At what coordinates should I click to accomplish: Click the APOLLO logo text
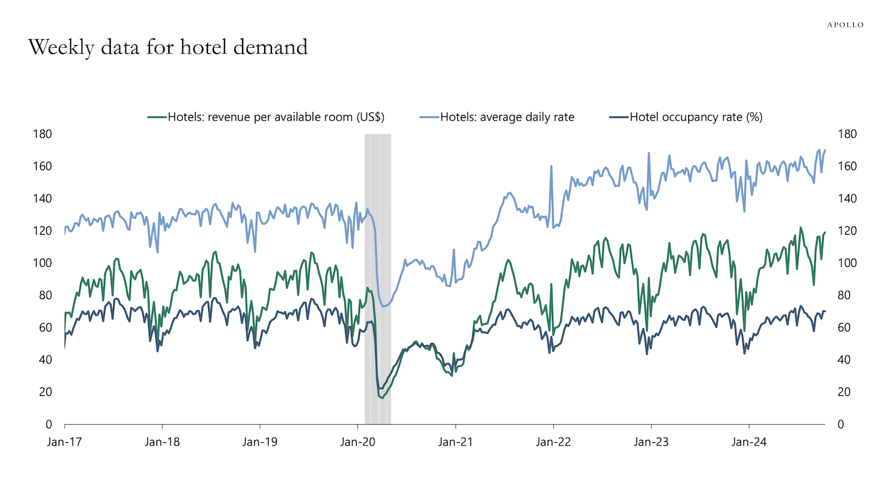pos(845,25)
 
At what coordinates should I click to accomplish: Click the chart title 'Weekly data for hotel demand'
pos(167,48)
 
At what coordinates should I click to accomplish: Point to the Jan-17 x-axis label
pos(64,442)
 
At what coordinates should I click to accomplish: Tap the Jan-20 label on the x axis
pos(357,442)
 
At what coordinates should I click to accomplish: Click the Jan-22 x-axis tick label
pos(553,442)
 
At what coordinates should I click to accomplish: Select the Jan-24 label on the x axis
pos(749,442)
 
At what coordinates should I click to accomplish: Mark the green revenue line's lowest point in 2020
pos(382,397)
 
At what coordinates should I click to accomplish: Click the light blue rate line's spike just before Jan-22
pos(551,166)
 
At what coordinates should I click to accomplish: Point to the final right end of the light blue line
pos(825,151)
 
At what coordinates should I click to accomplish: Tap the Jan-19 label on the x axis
pos(260,442)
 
